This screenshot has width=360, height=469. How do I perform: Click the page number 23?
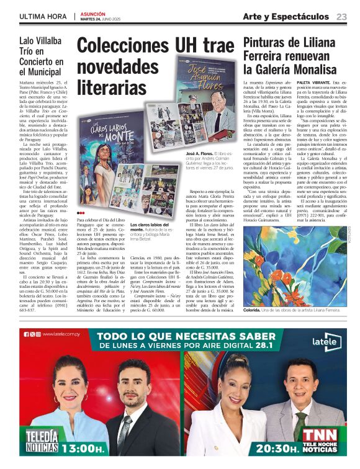pyautogui.click(x=342, y=16)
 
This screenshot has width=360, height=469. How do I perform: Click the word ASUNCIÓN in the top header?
pyautogui.click(x=94, y=13)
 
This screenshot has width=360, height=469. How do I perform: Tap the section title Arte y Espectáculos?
pyautogui.click(x=286, y=16)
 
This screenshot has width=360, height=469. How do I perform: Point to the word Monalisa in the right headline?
pyautogui.click(x=323, y=69)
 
